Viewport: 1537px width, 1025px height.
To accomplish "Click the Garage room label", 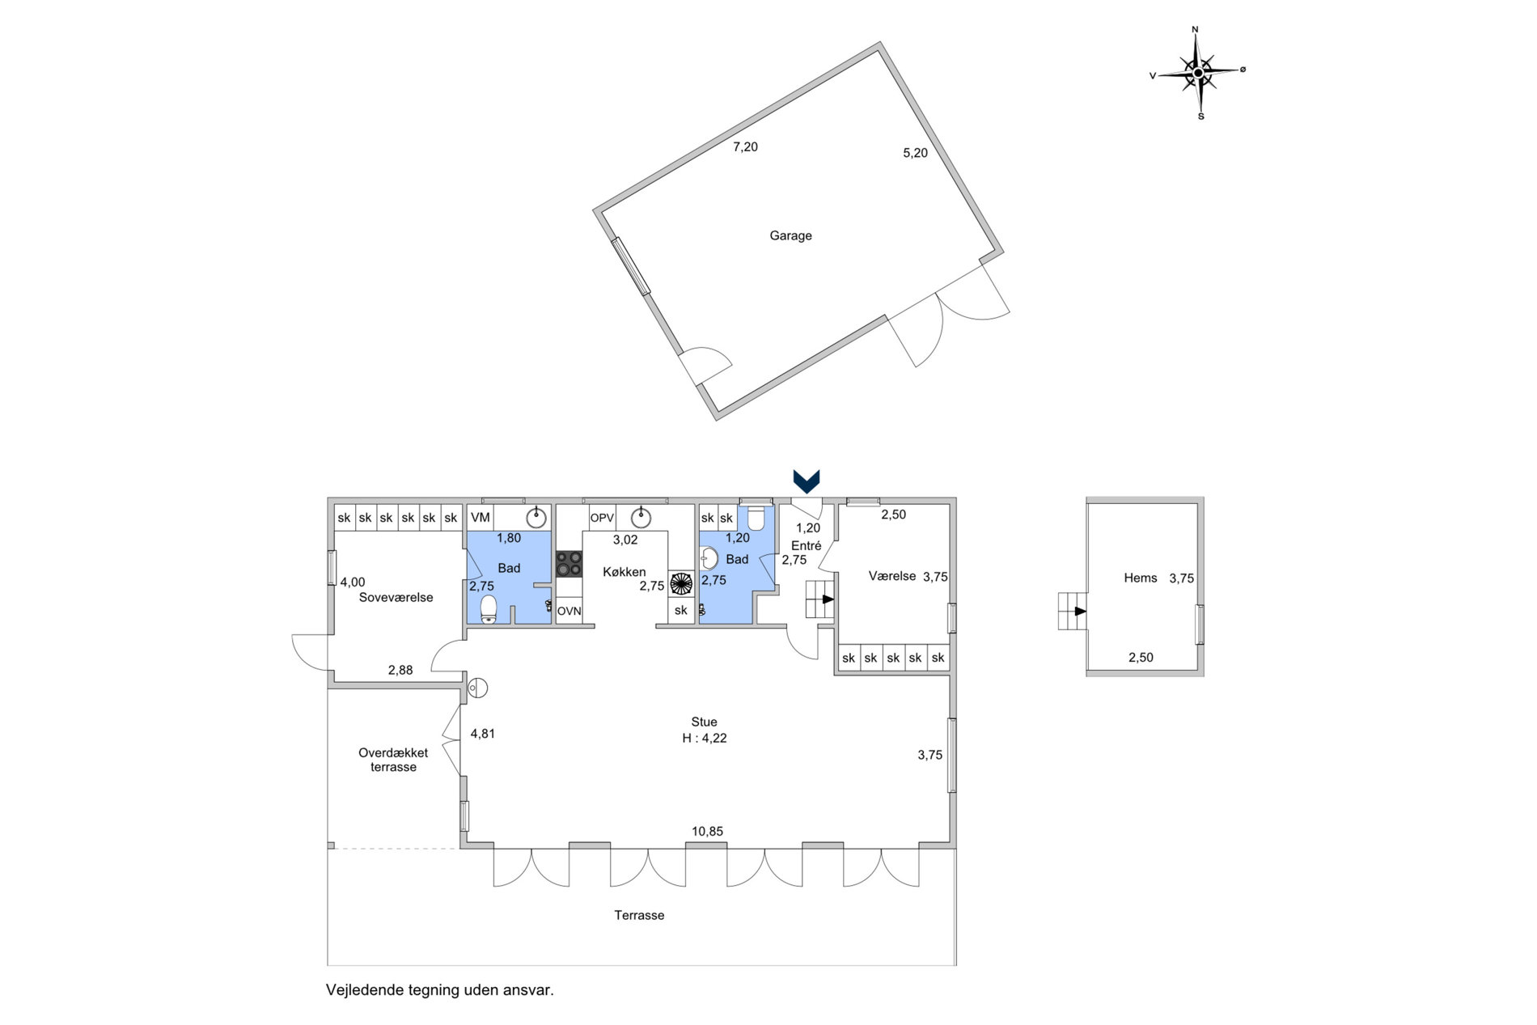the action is pyautogui.click(x=790, y=235).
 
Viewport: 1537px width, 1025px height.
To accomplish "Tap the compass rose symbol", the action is pyautogui.click(x=1198, y=73).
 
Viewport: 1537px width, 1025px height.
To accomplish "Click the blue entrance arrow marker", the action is pyautogui.click(x=807, y=481).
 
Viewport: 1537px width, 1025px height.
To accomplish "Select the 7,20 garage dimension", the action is pyautogui.click(x=745, y=146).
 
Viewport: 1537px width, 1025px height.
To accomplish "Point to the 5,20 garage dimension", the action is pyautogui.click(x=915, y=152).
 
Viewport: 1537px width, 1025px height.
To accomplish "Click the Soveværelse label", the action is pyautogui.click(x=396, y=598).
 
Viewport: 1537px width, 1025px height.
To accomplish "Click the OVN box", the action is pyautogui.click(x=569, y=611).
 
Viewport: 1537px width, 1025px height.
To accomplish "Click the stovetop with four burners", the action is pyautogui.click(x=569, y=563).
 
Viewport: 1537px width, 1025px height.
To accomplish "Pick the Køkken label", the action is pyautogui.click(x=625, y=572).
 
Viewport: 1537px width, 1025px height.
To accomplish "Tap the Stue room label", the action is pyautogui.click(x=704, y=722).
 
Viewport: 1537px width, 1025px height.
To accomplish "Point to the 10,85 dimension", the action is pyautogui.click(x=707, y=831).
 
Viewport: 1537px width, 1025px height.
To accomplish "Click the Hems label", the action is pyautogui.click(x=1141, y=578).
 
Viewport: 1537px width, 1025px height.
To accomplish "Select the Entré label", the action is pyautogui.click(x=807, y=546).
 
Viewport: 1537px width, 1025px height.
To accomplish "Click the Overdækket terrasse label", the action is pyautogui.click(x=393, y=760).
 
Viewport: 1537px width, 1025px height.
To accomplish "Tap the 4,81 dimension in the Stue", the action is pyautogui.click(x=483, y=734).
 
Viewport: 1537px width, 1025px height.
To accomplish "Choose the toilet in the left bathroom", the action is pyautogui.click(x=489, y=610).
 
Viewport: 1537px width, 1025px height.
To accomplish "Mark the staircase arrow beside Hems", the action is pyautogui.click(x=1080, y=611).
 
